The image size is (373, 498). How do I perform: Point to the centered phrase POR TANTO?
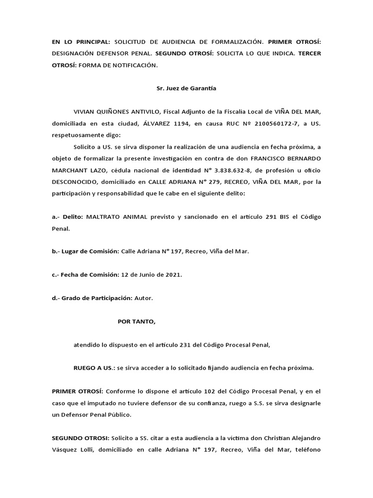click(136, 321)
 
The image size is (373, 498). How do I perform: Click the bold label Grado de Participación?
click(97, 298)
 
